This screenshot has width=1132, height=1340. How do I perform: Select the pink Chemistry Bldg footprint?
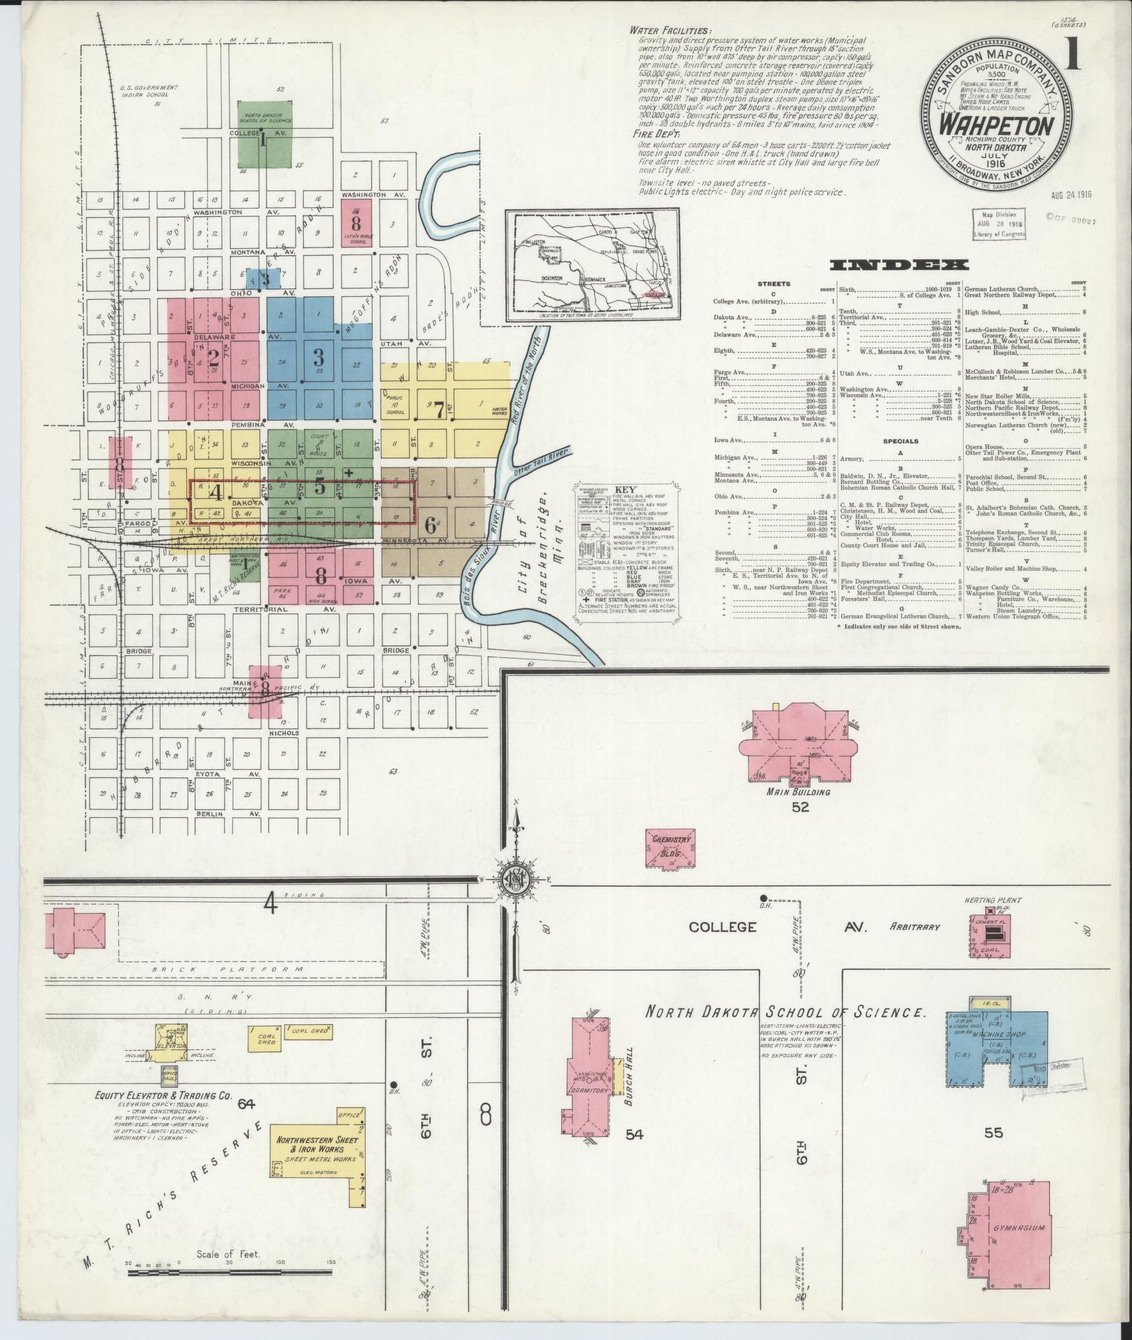coord(670,848)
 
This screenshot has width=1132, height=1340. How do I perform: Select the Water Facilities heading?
coord(670,31)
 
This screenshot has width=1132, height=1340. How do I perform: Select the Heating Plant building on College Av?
coord(992,936)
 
